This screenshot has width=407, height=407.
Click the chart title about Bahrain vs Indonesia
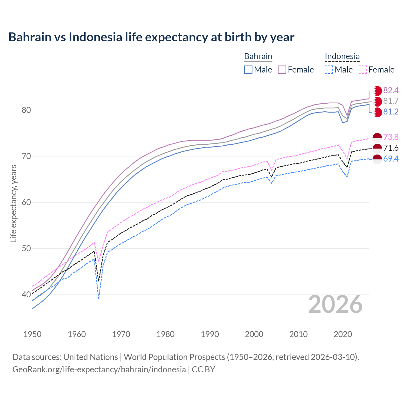(151, 37)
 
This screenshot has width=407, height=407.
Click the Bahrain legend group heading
(258, 57)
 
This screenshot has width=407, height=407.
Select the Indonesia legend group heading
(342, 57)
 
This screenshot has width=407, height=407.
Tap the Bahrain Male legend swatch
(248, 70)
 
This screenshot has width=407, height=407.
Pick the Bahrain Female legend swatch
(282, 70)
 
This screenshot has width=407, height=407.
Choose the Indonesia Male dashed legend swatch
(329, 70)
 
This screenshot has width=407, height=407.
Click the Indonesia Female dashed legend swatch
(363, 70)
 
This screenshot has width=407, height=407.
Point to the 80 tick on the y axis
(26, 110)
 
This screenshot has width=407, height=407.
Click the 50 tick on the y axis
(26, 249)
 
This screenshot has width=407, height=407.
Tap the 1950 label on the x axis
(32, 334)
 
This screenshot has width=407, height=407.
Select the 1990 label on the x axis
(210, 334)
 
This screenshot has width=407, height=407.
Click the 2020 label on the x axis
(343, 334)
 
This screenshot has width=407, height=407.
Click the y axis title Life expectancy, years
(13, 203)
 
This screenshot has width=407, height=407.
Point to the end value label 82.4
(391, 91)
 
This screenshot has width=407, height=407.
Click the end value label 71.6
(391, 148)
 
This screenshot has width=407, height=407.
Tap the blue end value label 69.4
(391, 159)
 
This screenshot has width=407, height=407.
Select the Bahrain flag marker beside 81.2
(377, 112)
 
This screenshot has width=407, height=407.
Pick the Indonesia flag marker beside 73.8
(377, 137)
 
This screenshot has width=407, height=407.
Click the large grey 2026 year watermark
(335, 305)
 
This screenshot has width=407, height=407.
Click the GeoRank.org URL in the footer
(99, 369)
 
